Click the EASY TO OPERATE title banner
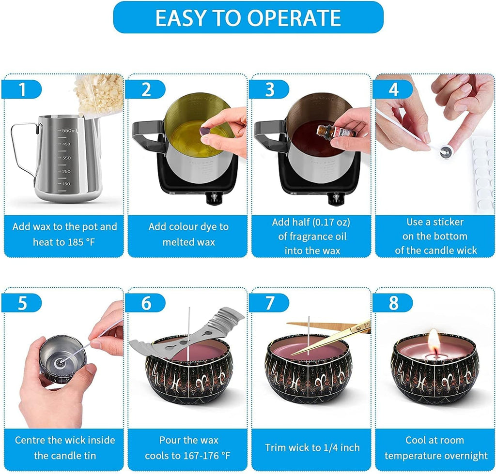248,17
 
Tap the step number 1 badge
21,89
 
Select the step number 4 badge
393,89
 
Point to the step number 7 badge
270,303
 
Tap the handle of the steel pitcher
22,150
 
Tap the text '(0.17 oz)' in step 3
331,222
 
